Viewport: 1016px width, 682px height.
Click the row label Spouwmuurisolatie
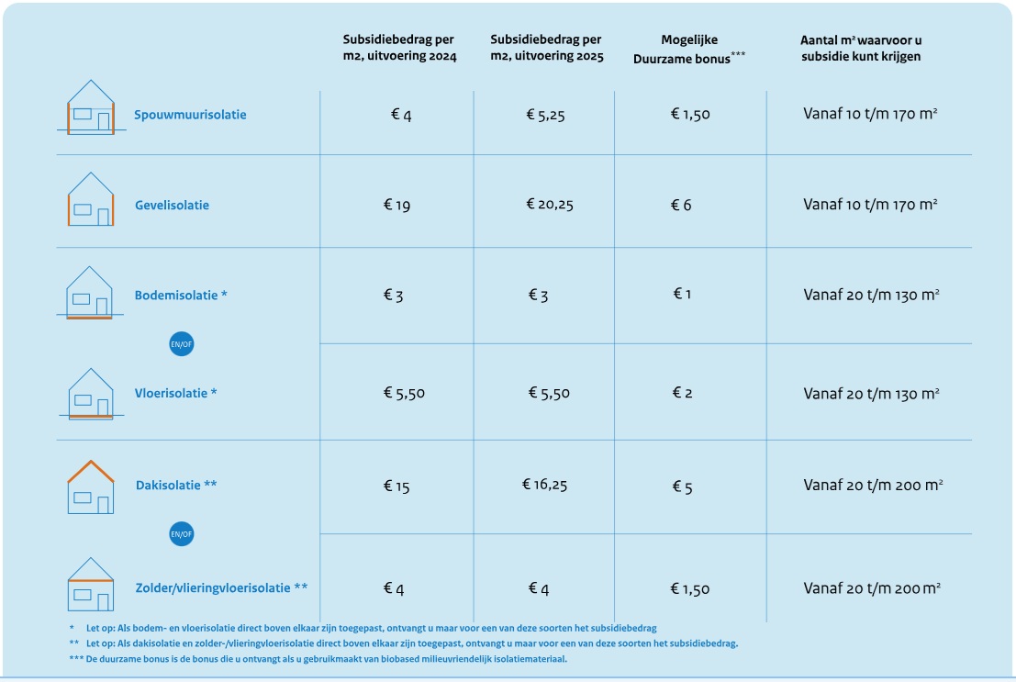point(190,115)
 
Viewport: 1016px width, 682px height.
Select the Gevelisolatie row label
point(172,205)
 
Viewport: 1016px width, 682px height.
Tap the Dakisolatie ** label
point(176,485)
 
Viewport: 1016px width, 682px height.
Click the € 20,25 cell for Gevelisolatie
point(549,205)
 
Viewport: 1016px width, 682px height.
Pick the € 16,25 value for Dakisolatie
point(545,484)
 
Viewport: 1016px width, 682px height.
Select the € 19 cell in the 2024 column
point(396,206)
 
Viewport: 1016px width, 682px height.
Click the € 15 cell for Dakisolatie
point(396,486)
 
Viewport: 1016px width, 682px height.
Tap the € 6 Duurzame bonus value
point(681,206)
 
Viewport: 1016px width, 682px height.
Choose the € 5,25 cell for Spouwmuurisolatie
point(545,115)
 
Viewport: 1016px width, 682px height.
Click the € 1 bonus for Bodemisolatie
point(681,295)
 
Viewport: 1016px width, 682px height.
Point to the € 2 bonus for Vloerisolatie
point(681,393)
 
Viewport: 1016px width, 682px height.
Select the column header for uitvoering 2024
point(399,48)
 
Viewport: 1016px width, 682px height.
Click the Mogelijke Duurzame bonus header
point(689,48)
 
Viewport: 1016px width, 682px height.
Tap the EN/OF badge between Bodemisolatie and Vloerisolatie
point(182,344)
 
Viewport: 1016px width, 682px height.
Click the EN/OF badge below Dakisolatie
point(182,533)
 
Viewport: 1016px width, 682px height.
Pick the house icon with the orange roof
point(90,486)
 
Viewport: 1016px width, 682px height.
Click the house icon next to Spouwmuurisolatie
point(90,107)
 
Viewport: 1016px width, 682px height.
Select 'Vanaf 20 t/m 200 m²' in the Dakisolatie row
point(873,485)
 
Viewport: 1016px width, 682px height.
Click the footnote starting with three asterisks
point(318,659)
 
